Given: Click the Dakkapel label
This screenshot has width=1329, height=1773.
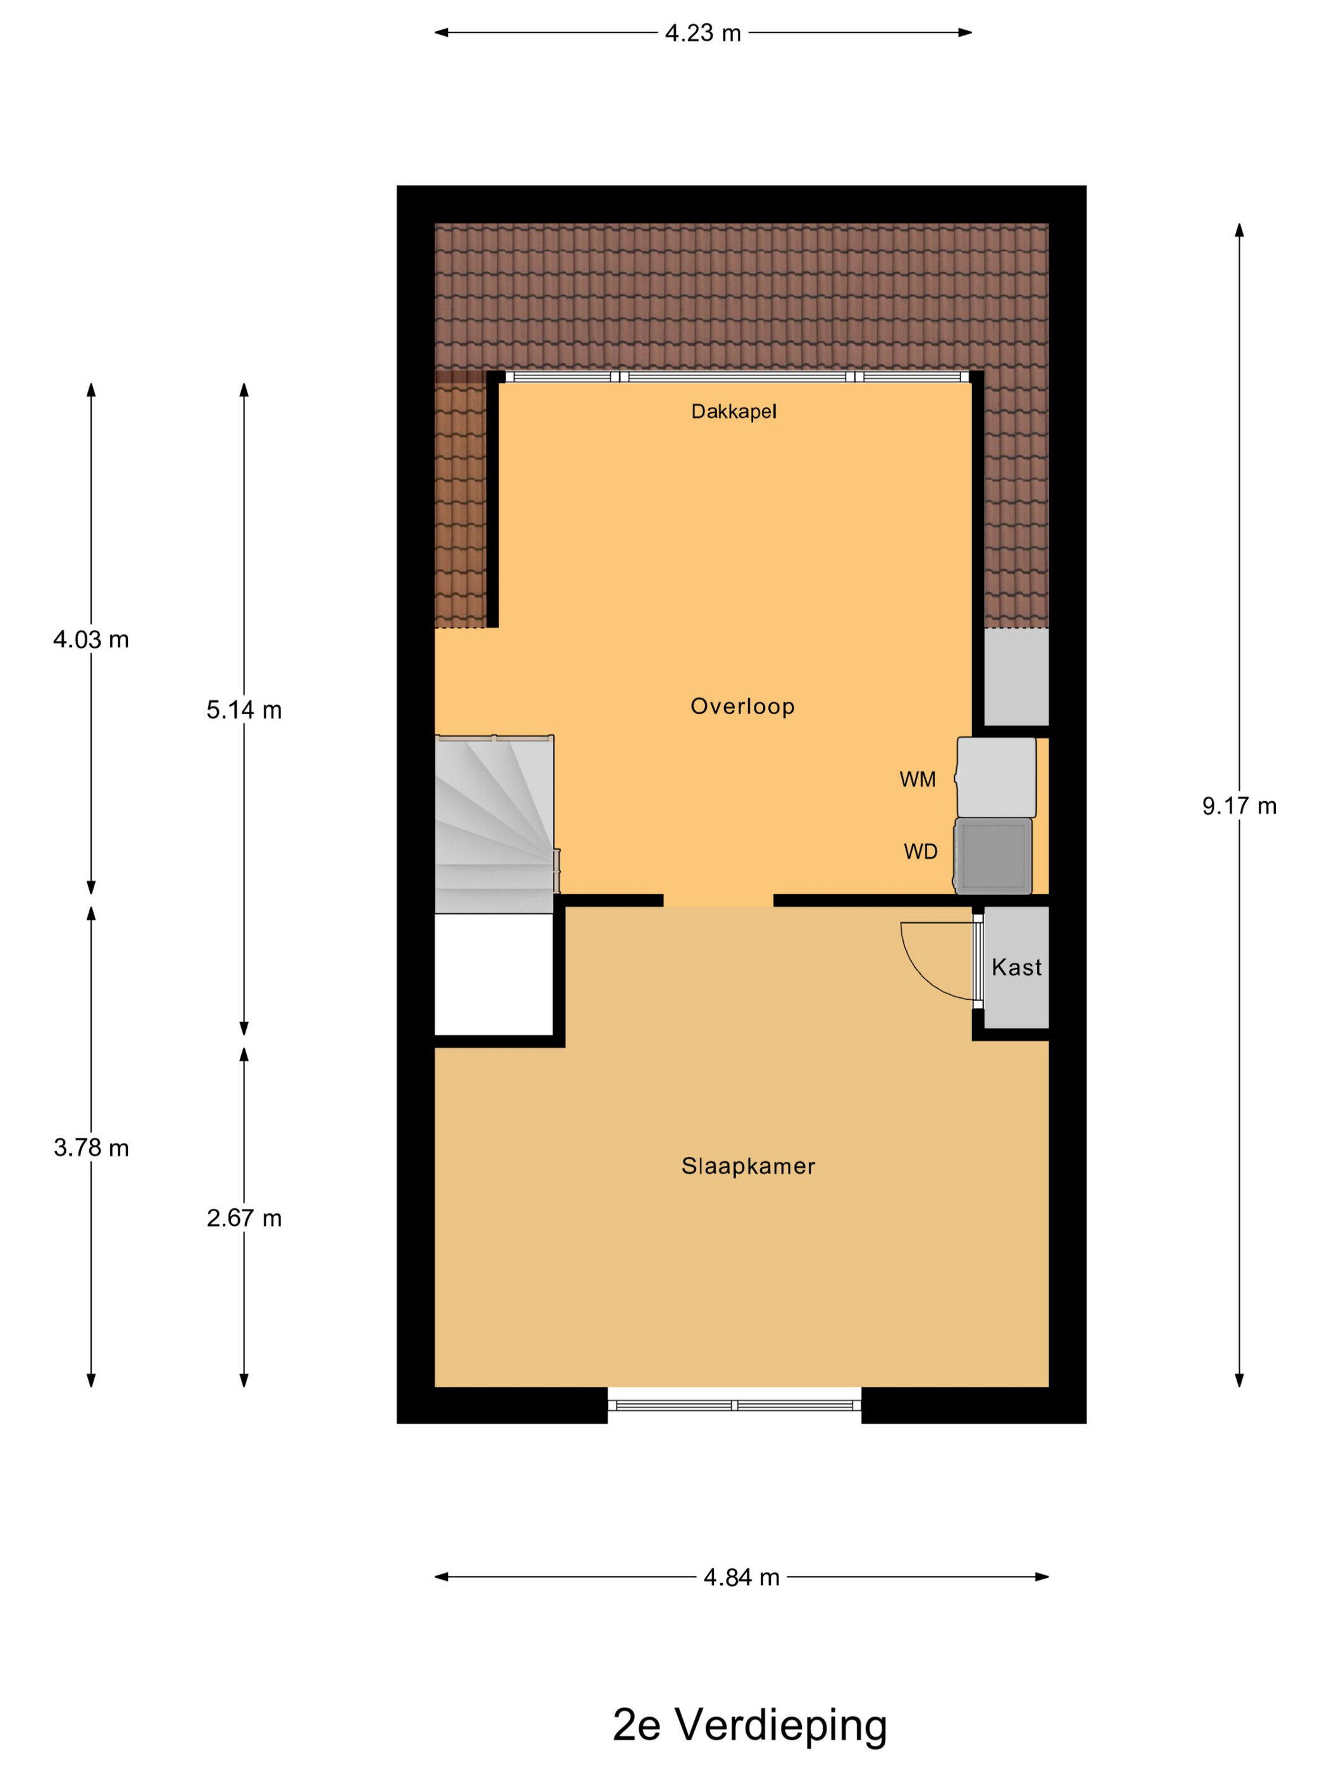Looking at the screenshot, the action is [733, 412].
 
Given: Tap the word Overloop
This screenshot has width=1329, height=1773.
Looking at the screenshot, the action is [742, 706].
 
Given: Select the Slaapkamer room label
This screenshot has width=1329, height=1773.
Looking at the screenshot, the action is [748, 1166].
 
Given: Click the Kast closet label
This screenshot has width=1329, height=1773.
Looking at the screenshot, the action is [1016, 968].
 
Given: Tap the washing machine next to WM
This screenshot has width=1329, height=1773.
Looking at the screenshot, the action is [995, 778].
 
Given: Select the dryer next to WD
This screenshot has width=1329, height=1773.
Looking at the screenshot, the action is [994, 856].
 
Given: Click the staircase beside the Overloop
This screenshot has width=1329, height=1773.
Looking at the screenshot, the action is [495, 823].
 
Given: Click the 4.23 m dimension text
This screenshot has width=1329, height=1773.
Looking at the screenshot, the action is [702, 33].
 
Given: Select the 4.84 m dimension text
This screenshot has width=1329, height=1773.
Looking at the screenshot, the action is [741, 1577].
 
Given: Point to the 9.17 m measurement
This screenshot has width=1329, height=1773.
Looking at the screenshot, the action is [1239, 806].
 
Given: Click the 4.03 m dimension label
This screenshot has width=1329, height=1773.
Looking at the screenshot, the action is [90, 640].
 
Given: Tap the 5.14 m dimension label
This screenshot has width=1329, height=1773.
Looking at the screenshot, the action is [244, 710].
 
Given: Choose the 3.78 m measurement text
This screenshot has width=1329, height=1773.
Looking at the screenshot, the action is [90, 1148].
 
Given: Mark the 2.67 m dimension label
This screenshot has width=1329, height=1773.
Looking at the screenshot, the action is [244, 1218].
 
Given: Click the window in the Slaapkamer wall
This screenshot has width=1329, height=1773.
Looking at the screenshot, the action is [735, 1405].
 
